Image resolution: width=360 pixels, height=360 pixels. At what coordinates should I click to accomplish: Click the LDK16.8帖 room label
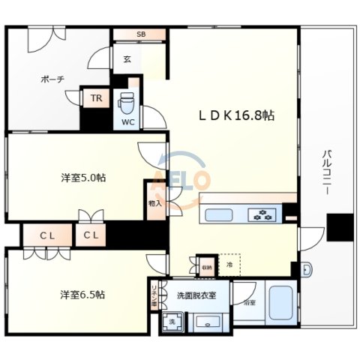[235, 116]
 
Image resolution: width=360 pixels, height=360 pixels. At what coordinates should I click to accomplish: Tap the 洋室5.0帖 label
[82, 178]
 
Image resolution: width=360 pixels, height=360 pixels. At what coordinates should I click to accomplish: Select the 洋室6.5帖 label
[82, 294]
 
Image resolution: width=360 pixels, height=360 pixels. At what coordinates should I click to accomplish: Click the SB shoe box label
[141, 34]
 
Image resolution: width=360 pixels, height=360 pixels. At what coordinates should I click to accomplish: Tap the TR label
[95, 98]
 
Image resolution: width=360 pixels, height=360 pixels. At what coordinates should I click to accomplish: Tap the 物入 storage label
[155, 204]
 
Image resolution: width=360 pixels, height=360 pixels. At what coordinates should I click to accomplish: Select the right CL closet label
[91, 236]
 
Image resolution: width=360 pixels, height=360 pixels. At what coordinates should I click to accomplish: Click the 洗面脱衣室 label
[196, 295]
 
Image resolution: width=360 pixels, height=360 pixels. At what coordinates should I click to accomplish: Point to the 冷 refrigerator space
[229, 265]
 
